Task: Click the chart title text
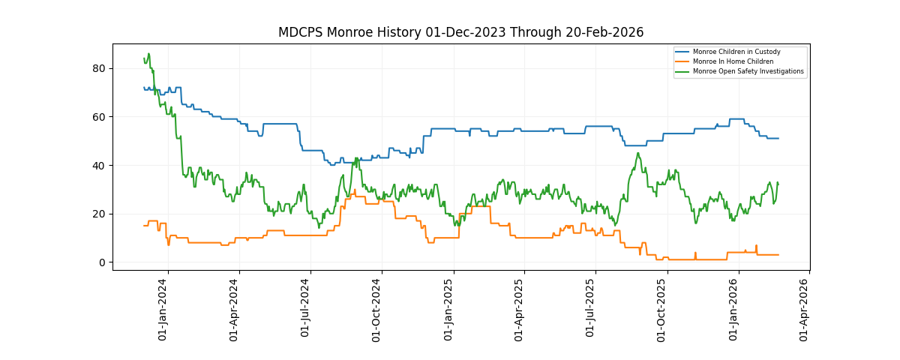click(460, 32)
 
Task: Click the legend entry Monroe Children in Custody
click(736, 52)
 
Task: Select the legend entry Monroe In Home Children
click(733, 61)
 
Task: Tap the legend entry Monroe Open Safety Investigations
click(748, 71)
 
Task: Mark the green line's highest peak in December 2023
click(148, 54)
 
